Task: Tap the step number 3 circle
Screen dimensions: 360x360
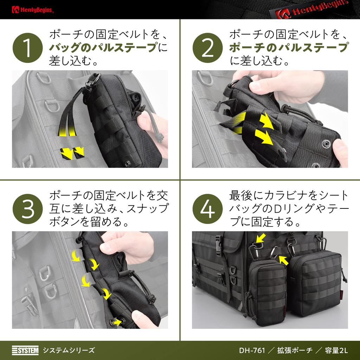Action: (x=27, y=209)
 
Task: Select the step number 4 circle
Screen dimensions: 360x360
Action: (x=207, y=209)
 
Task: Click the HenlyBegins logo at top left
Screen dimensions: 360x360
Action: (x=32, y=9)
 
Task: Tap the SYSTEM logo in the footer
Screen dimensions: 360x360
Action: (x=25, y=350)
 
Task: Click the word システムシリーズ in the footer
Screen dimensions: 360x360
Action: (x=69, y=350)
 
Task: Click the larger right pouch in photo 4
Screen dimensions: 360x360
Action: (x=314, y=283)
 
